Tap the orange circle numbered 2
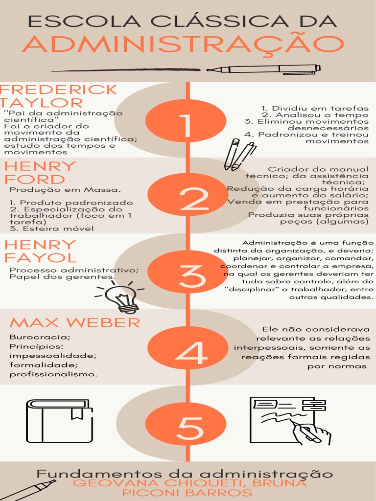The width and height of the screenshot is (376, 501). (x=188, y=195)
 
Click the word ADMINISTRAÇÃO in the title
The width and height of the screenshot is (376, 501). (x=183, y=45)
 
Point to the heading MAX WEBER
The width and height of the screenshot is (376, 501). (x=75, y=323)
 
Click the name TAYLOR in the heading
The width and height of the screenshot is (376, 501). (x=42, y=103)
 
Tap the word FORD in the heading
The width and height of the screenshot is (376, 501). (x=35, y=180)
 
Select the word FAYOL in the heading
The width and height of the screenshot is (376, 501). (x=41, y=257)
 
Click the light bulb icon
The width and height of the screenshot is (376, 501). (x=120, y=297)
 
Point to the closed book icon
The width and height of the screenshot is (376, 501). (x=59, y=421)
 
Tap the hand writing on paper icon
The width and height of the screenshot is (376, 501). (x=290, y=421)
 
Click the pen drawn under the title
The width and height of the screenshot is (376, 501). (x=263, y=69)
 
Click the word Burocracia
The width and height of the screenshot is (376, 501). (x=40, y=337)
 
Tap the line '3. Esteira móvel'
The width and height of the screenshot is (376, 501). (x=51, y=228)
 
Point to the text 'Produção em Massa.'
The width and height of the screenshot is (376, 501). (x=65, y=190)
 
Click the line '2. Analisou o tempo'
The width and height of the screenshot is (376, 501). (x=315, y=115)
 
